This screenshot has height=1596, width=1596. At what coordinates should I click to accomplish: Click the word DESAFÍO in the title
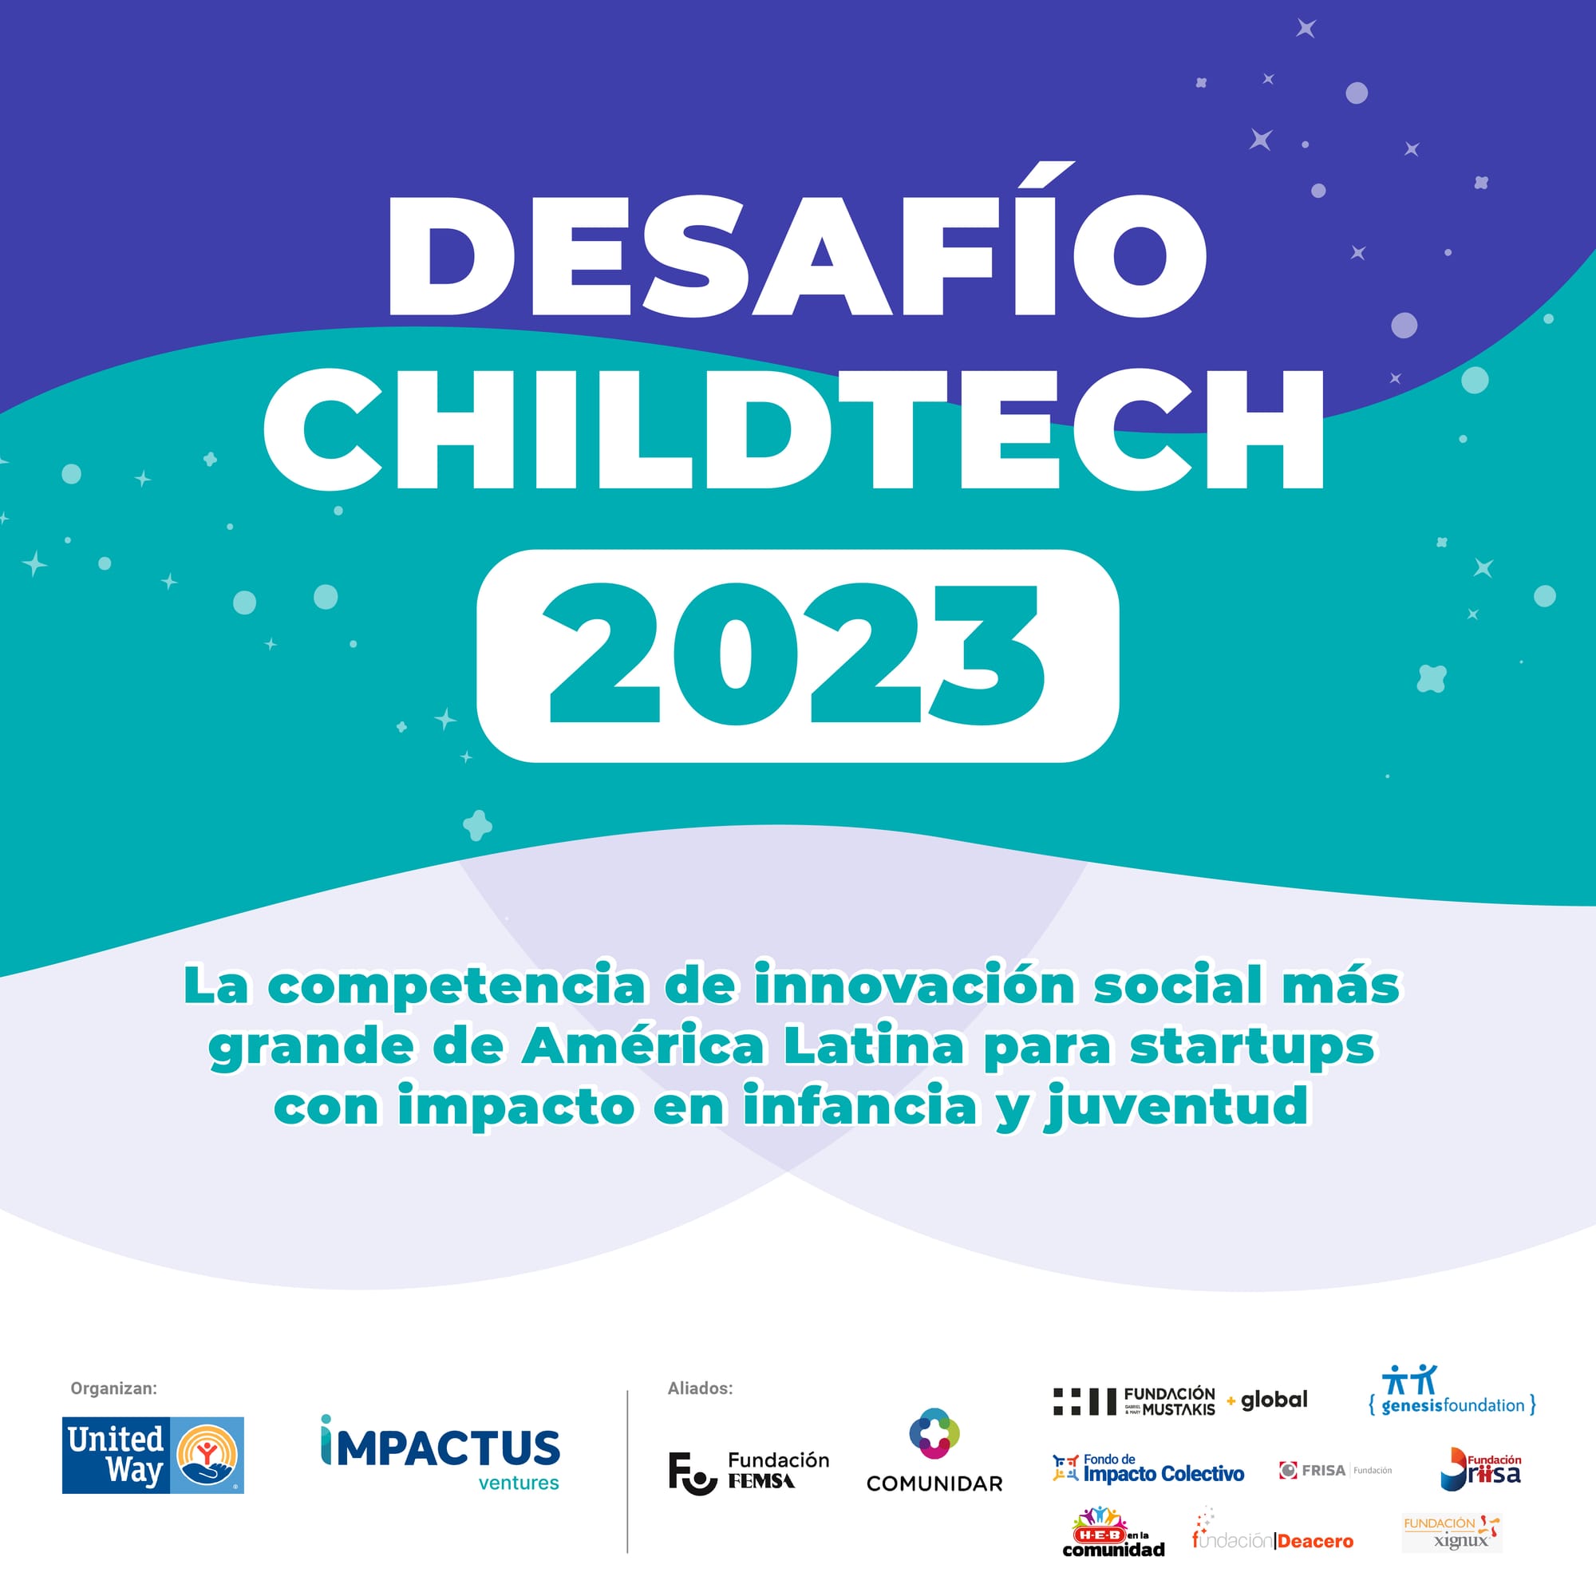(797, 256)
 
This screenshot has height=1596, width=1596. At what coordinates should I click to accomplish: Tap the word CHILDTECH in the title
(794, 429)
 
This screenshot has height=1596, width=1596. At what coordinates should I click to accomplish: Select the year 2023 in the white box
(797, 655)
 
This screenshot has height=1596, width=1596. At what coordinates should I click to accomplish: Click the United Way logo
(153, 1455)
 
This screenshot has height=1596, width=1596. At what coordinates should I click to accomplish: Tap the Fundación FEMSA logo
(749, 1472)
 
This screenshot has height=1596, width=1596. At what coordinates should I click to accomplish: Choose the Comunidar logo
(934, 1450)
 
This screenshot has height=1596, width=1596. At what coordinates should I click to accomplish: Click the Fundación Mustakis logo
(1134, 1401)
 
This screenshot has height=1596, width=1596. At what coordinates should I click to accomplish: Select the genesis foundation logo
(1452, 1391)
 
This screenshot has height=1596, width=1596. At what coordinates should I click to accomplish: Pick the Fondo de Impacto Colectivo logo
(1148, 1469)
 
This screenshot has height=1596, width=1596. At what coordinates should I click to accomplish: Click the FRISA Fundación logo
(1335, 1471)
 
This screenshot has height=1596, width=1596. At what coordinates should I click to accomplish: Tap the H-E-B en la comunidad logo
(1112, 1533)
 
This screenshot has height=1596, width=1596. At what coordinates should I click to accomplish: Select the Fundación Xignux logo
(1452, 1533)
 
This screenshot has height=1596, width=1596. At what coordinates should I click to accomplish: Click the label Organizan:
(113, 1389)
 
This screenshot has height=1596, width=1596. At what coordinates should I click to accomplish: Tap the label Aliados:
(700, 1389)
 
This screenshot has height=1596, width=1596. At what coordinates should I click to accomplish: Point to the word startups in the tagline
(1251, 1047)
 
